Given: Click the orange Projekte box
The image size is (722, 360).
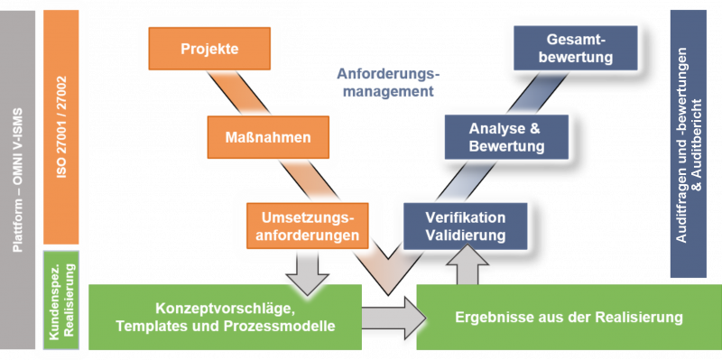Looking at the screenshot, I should coord(209,50).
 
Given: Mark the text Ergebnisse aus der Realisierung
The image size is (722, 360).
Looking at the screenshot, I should coord(569,318).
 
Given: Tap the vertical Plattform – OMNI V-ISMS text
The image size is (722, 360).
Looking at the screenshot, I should coord(20,180).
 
